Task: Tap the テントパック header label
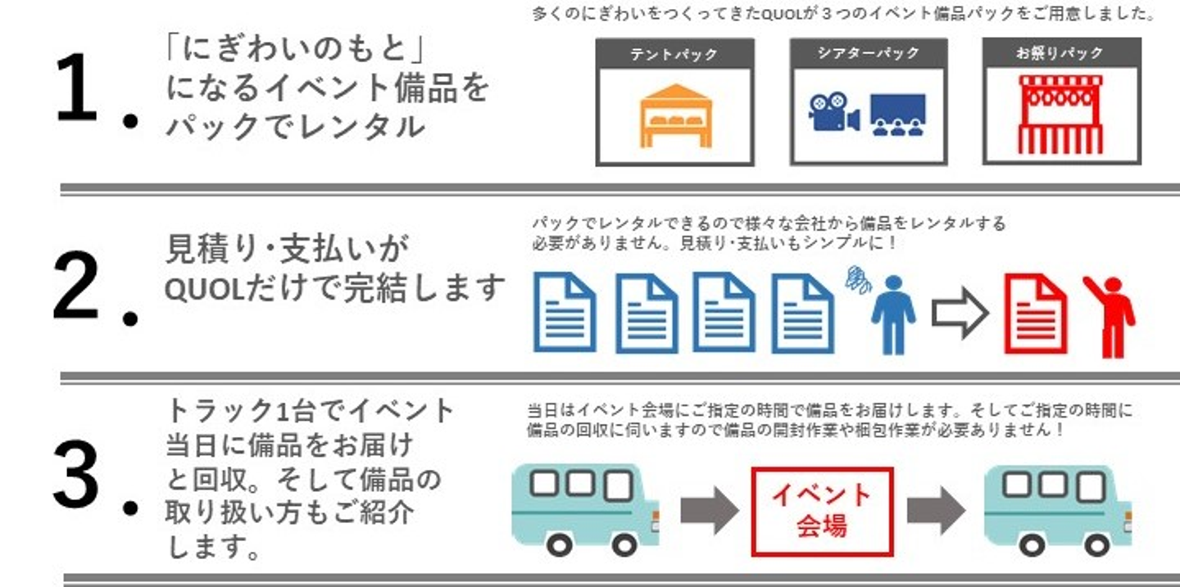coord(674,55)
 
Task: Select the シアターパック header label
coord(868,54)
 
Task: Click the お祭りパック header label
coord(1060,54)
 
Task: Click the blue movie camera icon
coord(833,112)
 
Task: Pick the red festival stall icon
coord(1060,115)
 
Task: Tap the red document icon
coord(1035,314)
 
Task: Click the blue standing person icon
coord(892,314)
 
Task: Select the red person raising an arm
coord(1110,316)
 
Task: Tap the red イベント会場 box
coord(822,510)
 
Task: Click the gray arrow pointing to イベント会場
coord(709,511)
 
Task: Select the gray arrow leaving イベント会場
coord(936,511)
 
